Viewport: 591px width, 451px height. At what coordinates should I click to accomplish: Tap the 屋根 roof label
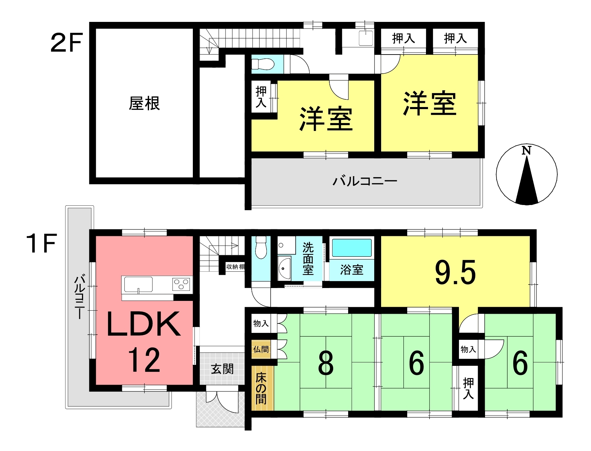point(144,104)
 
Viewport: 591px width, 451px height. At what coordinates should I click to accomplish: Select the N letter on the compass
point(527,150)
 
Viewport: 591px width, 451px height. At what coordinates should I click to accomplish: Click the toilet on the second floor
point(263,64)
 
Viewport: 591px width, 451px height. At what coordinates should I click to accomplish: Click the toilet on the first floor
point(261,247)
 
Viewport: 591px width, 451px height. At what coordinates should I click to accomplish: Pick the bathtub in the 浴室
point(352,248)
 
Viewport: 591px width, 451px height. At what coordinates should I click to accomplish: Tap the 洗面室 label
point(307,259)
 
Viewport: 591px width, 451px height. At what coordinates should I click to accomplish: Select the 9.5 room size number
point(455,273)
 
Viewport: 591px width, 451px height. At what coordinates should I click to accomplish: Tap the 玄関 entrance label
point(222,369)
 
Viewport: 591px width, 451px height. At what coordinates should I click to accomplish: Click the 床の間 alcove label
point(261,388)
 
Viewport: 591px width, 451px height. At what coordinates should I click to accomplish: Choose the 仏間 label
point(261,349)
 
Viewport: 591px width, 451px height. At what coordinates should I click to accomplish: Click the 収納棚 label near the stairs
point(235,267)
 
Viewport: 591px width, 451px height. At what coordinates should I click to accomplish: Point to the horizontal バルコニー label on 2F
point(365,181)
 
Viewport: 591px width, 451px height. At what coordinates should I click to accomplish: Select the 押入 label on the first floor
point(468,388)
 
